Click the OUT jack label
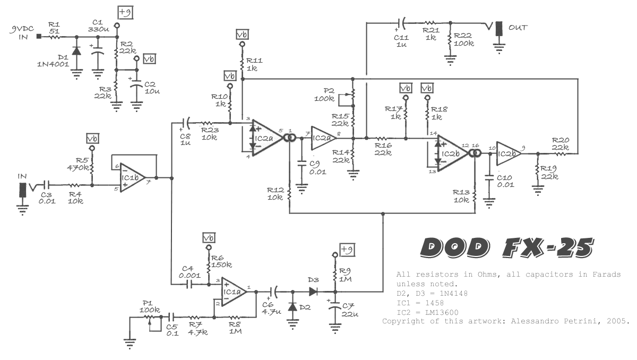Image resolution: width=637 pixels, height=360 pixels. (x=518, y=27)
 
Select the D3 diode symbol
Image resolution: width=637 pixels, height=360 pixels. (x=313, y=291)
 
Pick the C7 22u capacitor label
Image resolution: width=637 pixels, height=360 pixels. (x=348, y=310)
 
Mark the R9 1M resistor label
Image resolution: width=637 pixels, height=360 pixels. (x=345, y=275)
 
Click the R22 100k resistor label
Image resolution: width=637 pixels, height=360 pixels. (x=464, y=39)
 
